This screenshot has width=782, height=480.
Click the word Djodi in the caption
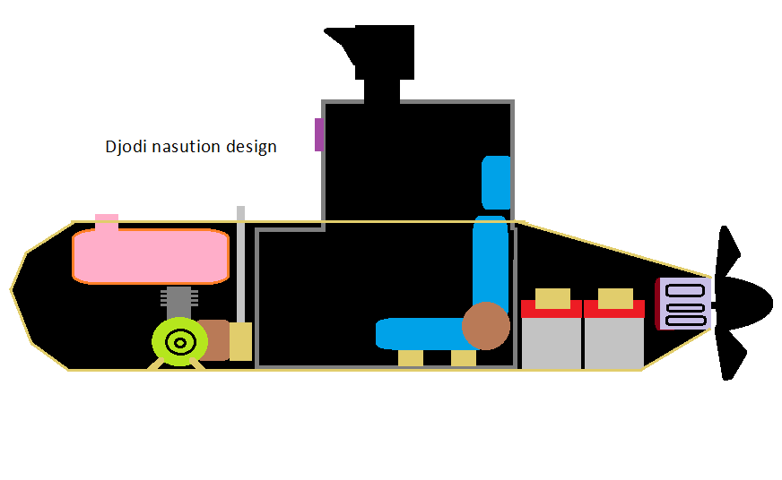(x=126, y=146)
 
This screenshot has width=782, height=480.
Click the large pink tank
(x=151, y=256)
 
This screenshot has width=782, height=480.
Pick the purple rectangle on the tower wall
(x=318, y=134)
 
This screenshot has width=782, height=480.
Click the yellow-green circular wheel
(x=180, y=341)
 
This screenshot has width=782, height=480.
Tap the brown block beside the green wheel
(x=215, y=339)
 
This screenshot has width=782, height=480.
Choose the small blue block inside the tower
(x=497, y=182)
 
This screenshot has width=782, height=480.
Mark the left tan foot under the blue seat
(x=411, y=358)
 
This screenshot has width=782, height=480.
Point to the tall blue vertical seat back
(x=491, y=260)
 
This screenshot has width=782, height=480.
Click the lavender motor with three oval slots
(x=686, y=304)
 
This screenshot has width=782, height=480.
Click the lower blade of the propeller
(x=729, y=356)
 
